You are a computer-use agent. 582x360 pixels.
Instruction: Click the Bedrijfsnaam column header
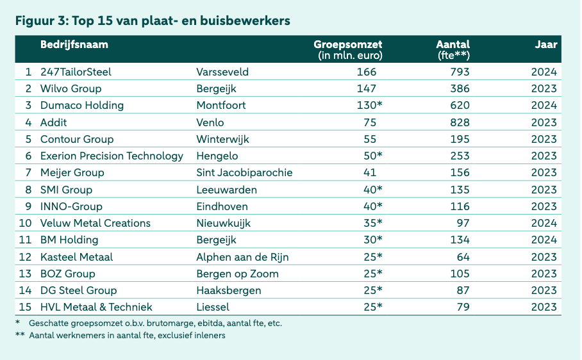pos(74,45)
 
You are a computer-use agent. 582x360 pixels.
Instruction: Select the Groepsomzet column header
pos(348,45)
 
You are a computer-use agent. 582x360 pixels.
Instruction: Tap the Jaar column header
pos(546,45)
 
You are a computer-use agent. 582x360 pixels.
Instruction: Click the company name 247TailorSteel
pos(76,72)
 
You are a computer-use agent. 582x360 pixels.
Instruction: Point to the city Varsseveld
pos(222,72)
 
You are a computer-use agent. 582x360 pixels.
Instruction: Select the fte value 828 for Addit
pos(460,122)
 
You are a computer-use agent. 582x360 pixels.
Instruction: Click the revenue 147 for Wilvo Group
pos(366,88)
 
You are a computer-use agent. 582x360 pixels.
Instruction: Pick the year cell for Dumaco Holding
pos(544,105)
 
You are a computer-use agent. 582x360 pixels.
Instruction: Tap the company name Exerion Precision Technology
pos(112,156)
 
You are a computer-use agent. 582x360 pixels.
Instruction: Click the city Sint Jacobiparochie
pos(244,172)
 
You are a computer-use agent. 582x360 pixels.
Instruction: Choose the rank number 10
pos(25,223)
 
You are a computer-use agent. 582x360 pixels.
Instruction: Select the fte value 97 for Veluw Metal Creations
pos(462,223)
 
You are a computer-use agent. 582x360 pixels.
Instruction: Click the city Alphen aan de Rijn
pos(242,257)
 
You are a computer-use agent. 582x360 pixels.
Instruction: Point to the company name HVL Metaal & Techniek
pos(96,307)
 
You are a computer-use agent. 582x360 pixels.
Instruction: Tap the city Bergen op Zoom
pos(237,274)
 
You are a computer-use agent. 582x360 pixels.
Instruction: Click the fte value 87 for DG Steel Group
pos(462,290)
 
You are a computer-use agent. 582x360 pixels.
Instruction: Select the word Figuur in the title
pos(35,20)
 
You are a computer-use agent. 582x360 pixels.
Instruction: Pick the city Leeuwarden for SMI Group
pos(226,190)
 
